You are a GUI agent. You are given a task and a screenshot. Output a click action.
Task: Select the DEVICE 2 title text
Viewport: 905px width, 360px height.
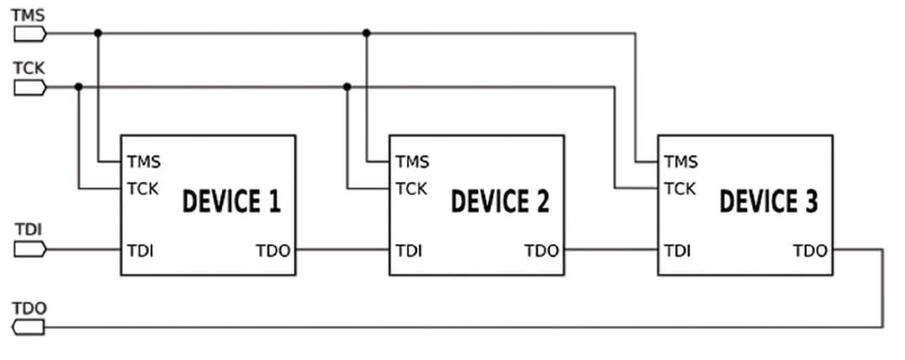(500, 203)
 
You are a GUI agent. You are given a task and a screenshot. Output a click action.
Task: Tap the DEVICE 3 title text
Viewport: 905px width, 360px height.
(768, 203)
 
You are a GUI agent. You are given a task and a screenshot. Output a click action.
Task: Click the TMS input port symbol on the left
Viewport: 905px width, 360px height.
(30, 34)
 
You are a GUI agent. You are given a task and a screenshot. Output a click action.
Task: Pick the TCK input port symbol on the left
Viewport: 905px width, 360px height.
(30, 87)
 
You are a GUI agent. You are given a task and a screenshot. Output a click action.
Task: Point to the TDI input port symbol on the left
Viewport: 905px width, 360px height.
(30, 250)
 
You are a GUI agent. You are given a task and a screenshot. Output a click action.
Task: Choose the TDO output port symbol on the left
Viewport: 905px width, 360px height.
(30, 327)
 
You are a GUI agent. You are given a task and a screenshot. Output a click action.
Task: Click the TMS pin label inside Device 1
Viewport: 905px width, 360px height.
(144, 161)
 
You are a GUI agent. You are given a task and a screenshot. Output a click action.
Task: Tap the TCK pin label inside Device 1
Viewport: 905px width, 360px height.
(143, 188)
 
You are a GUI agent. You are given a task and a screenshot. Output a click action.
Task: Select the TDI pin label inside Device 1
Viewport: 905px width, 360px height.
(140, 251)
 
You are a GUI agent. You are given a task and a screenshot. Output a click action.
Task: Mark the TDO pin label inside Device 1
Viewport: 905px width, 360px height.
(273, 251)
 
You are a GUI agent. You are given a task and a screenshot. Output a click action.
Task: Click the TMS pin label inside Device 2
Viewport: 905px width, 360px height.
(412, 161)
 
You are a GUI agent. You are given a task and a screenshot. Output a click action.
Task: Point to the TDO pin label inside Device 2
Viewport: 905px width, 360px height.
(542, 251)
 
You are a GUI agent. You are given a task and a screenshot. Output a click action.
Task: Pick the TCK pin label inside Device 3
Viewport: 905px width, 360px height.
(680, 188)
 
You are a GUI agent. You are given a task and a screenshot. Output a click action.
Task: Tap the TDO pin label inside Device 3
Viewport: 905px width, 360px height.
(810, 251)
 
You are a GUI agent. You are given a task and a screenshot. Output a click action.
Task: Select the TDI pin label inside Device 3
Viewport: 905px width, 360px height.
(677, 251)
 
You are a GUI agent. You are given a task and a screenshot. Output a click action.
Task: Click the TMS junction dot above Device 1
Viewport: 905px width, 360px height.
(98, 34)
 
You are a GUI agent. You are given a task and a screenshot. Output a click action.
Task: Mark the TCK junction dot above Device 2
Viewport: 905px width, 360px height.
(347, 87)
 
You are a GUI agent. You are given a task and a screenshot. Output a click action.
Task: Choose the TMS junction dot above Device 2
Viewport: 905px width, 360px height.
(367, 34)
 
